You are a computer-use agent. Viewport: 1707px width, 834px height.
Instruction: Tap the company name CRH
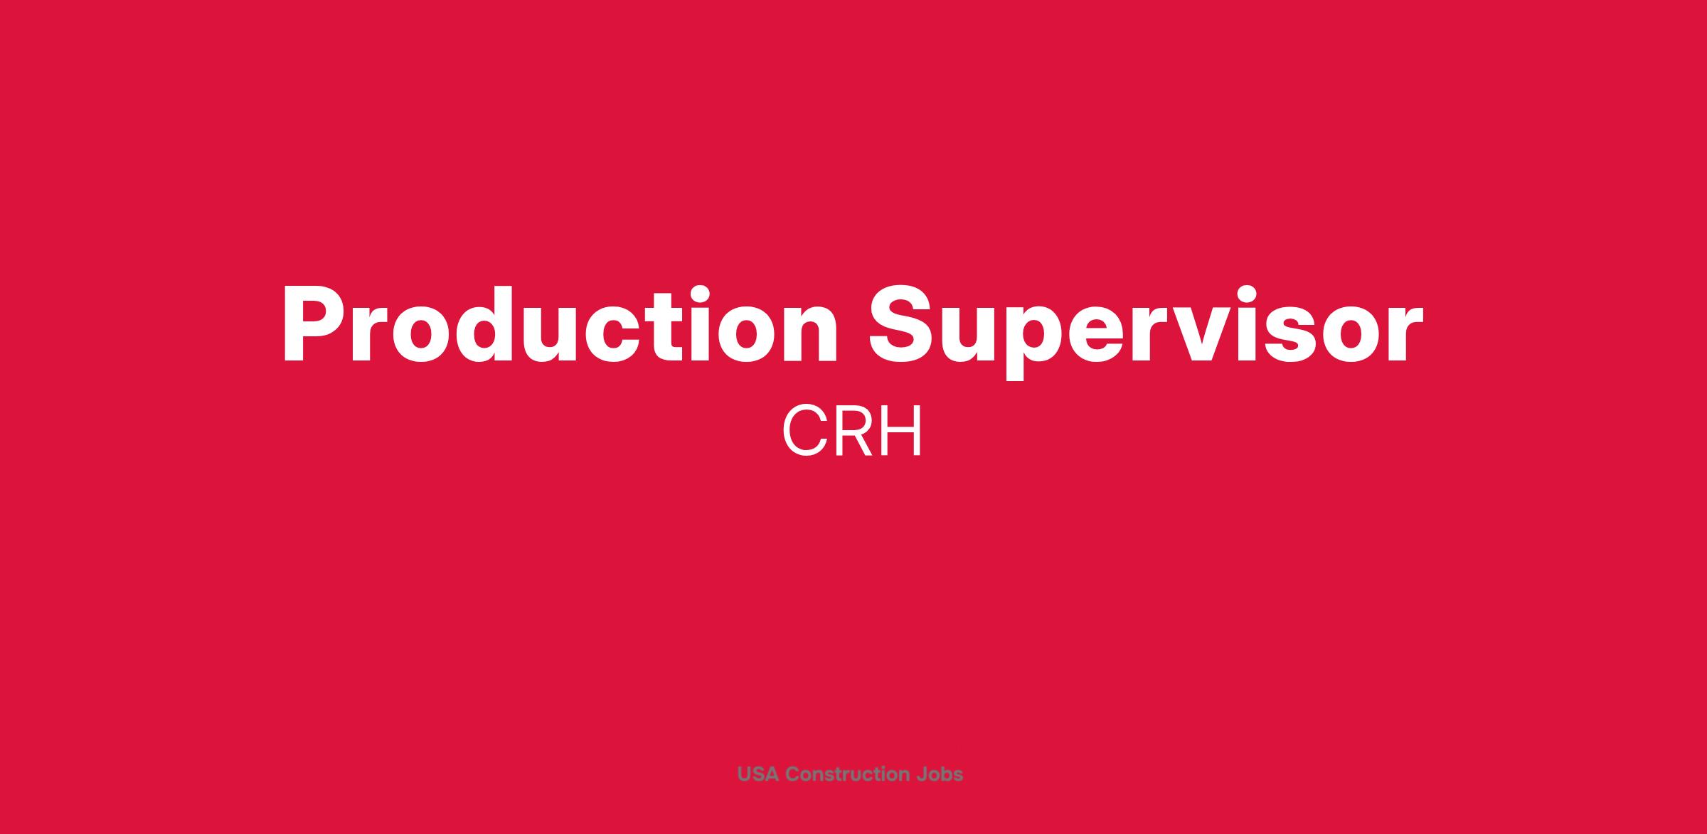(852, 432)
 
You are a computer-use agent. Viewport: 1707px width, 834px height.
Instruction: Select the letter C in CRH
(804, 432)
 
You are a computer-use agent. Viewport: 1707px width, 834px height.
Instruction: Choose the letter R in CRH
(855, 432)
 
